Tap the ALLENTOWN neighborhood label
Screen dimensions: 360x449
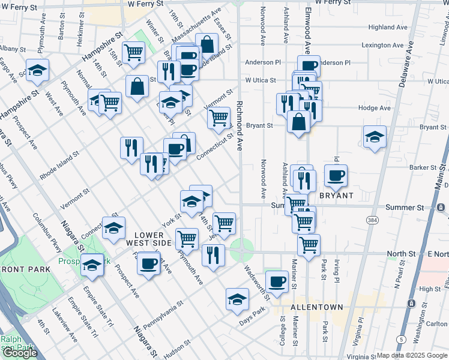tap(316, 307)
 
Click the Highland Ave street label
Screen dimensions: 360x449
tap(388, 28)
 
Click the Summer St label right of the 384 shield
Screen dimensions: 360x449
tap(420, 208)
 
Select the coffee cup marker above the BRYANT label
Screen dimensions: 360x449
tap(336, 175)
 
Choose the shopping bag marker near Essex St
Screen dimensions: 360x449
tap(206, 44)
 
